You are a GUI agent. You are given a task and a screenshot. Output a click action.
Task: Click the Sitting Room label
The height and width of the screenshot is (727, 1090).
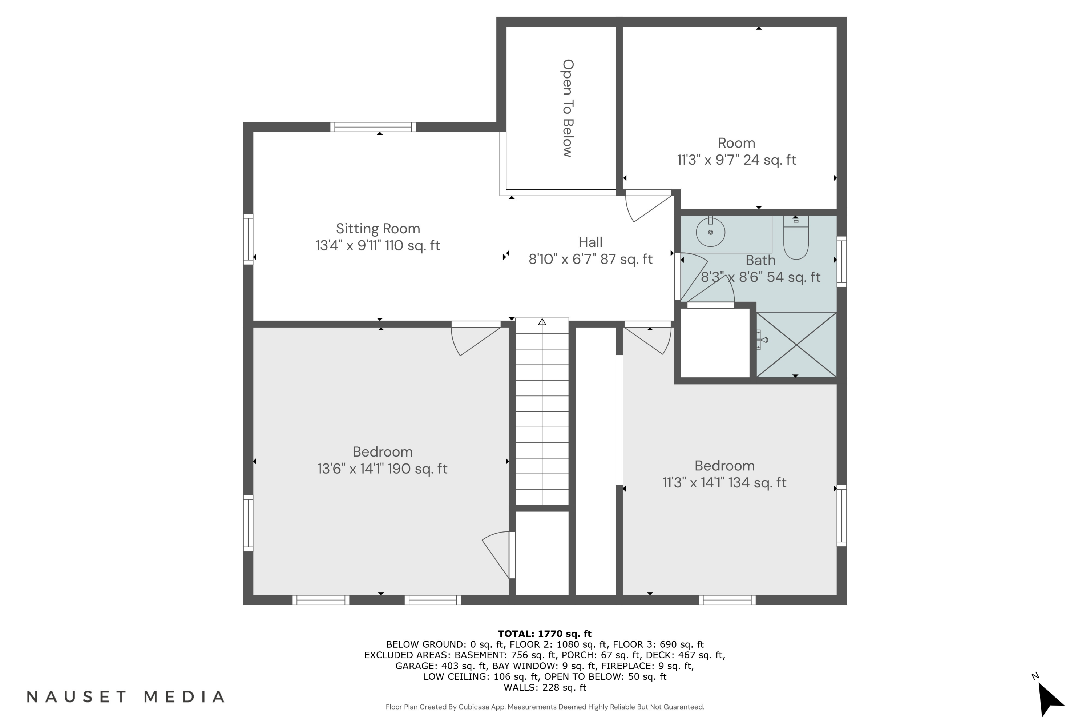tap(378, 229)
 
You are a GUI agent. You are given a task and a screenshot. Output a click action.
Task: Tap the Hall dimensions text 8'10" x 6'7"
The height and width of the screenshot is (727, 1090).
tap(590, 259)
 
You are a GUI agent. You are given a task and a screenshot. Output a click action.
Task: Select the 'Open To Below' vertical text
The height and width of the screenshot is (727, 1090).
tap(568, 108)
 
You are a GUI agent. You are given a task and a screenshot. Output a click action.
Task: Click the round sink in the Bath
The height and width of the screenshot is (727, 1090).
tap(710, 232)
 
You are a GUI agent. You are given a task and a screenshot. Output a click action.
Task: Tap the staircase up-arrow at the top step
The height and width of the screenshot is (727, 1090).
tap(542, 321)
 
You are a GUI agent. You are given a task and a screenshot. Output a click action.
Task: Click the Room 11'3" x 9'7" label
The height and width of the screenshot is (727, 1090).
tap(736, 151)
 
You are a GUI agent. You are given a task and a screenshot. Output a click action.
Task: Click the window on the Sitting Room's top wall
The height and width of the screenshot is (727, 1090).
tap(373, 127)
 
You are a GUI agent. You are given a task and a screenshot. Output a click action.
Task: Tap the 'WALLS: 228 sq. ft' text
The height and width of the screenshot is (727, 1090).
tap(545, 688)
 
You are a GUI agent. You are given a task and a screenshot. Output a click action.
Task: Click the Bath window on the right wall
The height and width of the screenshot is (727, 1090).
tap(841, 261)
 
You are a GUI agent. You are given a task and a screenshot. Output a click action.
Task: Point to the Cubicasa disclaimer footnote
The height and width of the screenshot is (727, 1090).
tap(545, 707)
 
